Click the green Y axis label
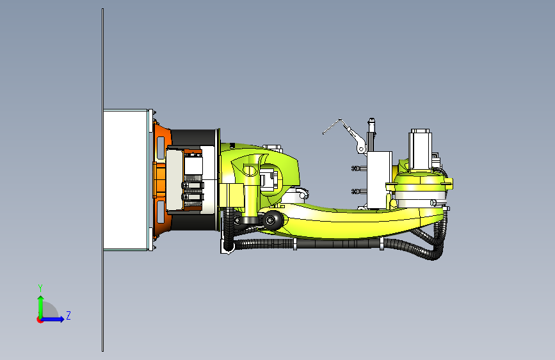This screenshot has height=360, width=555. (x=40, y=288)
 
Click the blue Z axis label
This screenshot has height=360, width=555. (x=68, y=315)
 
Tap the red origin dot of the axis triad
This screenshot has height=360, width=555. (x=40, y=320)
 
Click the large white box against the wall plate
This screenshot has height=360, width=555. (x=125, y=179)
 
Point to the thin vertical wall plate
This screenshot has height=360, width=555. (x=102, y=180)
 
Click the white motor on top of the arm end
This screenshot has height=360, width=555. (x=420, y=149)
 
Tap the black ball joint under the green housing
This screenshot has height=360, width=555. (x=271, y=220)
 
